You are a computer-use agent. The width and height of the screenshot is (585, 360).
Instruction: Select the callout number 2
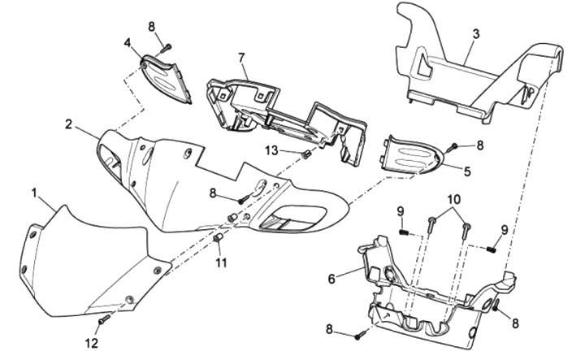pyautogui.click(x=70, y=124)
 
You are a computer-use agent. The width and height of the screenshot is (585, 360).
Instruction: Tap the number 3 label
pyautogui.click(x=475, y=33)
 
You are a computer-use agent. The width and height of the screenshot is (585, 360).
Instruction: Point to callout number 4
pyautogui.click(x=128, y=42)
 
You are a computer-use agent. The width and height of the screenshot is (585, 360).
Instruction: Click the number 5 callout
pyautogui.click(x=466, y=171)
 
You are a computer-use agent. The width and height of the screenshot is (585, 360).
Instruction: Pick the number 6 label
pyautogui.click(x=331, y=278)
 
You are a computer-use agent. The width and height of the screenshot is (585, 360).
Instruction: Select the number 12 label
pyautogui.click(x=92, y=343)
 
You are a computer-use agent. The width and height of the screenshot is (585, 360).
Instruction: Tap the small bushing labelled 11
pyautogui.click(x=218, y=237)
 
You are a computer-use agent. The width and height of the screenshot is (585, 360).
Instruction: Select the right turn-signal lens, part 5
pyautogui.click(x=412, y=155)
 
